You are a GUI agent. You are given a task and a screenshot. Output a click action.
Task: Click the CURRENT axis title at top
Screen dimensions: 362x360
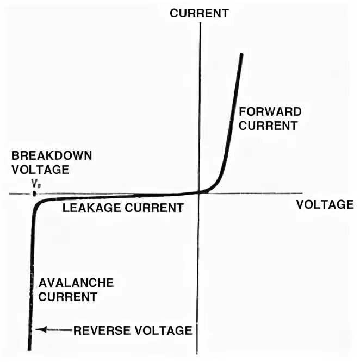point(200,14)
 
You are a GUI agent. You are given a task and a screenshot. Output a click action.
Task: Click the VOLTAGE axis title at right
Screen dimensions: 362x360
point(325,204)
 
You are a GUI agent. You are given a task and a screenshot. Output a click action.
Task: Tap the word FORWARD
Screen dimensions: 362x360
point(270,112)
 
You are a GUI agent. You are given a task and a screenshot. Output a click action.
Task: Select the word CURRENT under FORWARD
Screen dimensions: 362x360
point(269,126)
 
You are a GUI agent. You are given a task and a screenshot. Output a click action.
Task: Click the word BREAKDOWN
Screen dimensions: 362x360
point(52,155)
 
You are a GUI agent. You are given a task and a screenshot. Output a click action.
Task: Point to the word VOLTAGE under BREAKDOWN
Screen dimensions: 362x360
point(40,169)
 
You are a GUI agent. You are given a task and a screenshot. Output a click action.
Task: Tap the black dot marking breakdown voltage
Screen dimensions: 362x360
point(35,193)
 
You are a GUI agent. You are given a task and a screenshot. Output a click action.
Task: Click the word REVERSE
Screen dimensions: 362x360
point(100,330)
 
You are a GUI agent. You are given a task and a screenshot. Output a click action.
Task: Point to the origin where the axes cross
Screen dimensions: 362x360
point(200,192)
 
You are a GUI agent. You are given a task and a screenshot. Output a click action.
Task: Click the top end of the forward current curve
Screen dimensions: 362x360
point(241,55)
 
